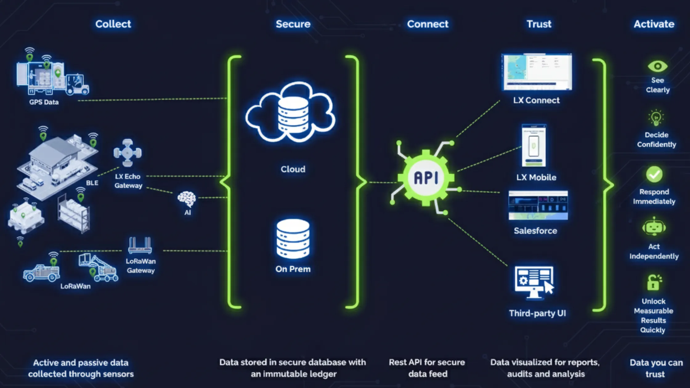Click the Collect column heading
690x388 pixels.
pyautogui.click(x=113, y=24)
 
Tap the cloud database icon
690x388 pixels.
pyautogui.click(x=291, y=112)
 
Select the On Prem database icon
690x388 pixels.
pyautogui.click(x=293, y=239)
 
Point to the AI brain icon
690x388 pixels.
pyautogui.click(x=187, y=199)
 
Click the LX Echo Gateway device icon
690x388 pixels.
pyautogui.click(x=128, y=153)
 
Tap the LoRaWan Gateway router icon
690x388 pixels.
pyautogui.click(x=140, y=245)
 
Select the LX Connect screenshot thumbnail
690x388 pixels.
pyautogui.click(x=537, y=72)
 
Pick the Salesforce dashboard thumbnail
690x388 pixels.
pyautogui.click(x=538, y=205)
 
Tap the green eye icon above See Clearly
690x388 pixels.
pyautogui.click(x=657, y=66)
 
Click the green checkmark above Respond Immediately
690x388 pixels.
pyautogui.click(x=654, y=175)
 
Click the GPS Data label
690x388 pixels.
pyautogui.click(x=44, y=102)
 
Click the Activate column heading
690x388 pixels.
pyautogui.click(x=654, y=24)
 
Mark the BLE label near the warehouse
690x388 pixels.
pyautogui.click(x=92, y=183)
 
